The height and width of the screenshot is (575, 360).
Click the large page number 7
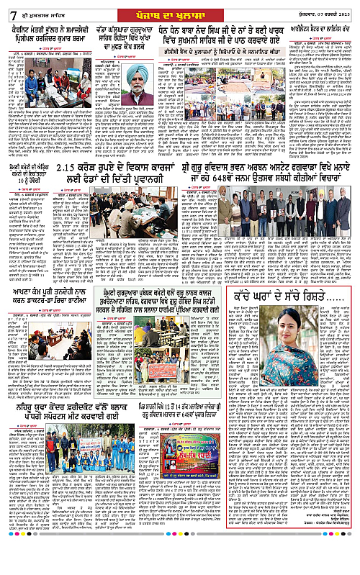(7, 8)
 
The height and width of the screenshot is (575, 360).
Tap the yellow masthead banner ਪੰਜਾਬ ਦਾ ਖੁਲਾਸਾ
(178, 8)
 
